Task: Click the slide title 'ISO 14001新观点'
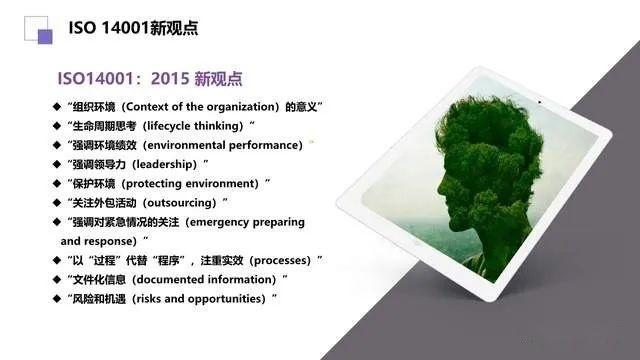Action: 133,28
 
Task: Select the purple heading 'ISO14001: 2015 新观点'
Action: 152,78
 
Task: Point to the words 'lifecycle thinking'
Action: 193,126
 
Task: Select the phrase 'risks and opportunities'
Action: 206,299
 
